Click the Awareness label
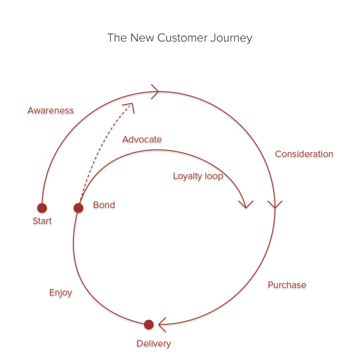coord(50,110)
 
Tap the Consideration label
coord(304,154)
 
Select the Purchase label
coord(287,285)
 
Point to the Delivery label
coord(153,343)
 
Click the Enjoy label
coord(60,292)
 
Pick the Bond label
coord(104,205)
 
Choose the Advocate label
coord(142,139)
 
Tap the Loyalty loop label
coord(198,176)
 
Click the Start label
coord(42,221)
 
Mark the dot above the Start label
coord(42,208)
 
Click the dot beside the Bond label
coord(78,208)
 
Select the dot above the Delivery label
coord(148,324)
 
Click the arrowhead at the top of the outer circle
coord(155,91)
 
